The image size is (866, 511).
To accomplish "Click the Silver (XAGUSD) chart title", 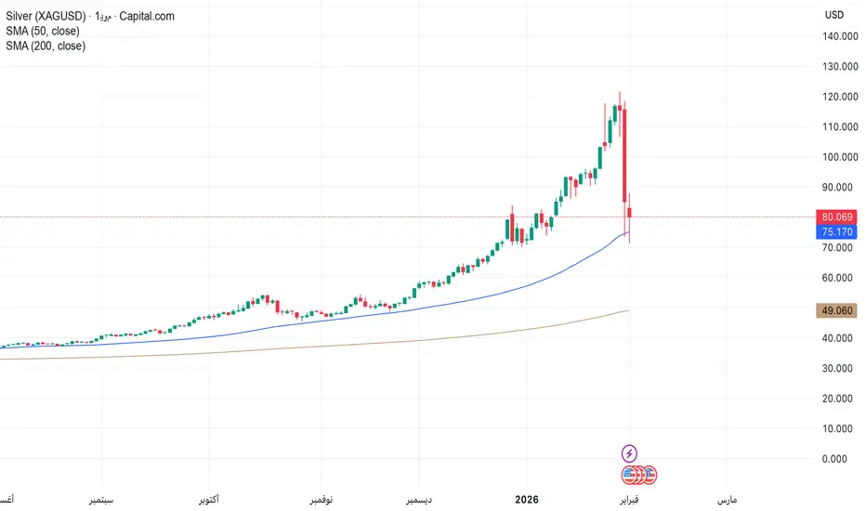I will tap(46, 16).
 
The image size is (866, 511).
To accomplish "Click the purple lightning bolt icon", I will tap(629, 453).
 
